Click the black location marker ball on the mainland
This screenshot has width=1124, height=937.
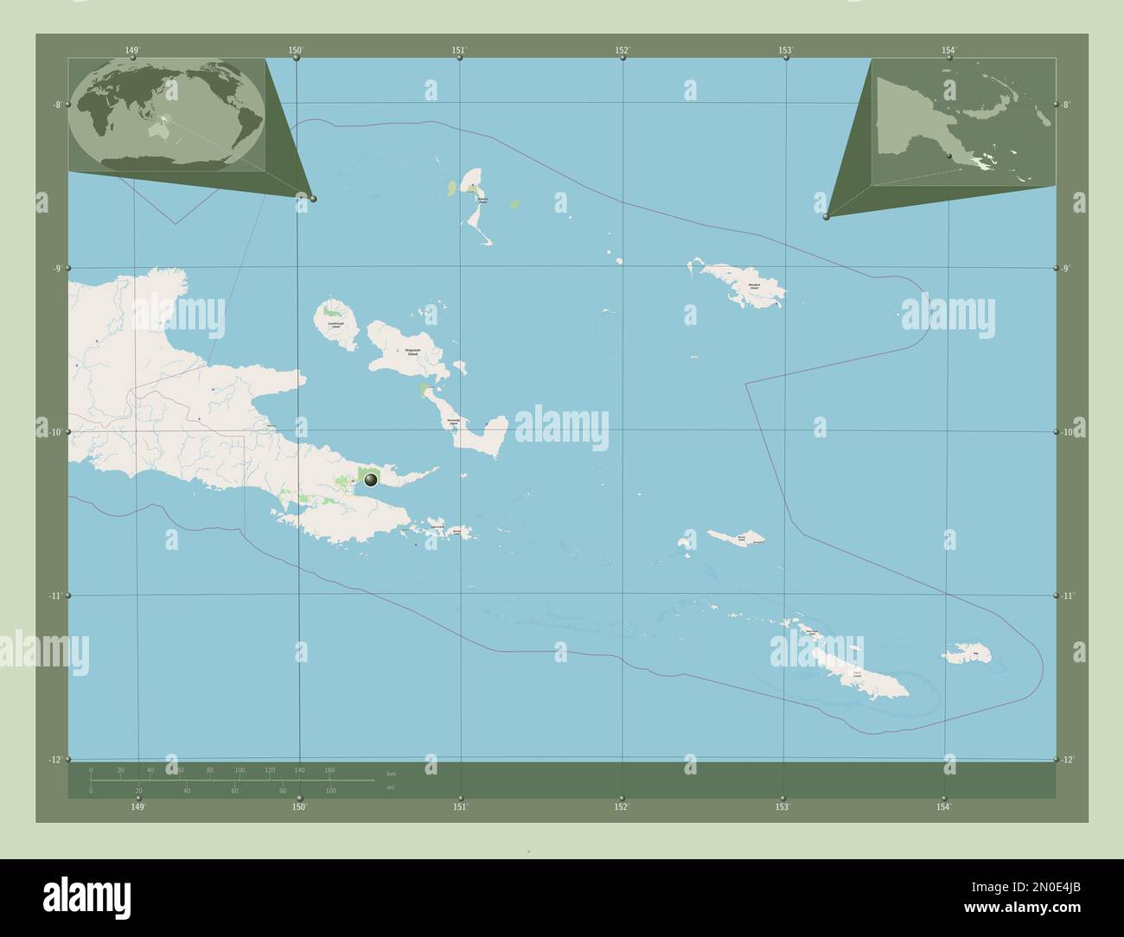click(371, 479)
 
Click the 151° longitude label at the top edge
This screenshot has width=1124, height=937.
click(458, 50)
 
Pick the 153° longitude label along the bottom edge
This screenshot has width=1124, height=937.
click(782, 806)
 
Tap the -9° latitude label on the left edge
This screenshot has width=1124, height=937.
click(56, 268)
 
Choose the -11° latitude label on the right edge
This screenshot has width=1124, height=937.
click(1068, 596)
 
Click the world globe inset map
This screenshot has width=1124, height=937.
click(167, 115)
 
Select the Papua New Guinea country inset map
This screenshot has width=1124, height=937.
click(963, 122)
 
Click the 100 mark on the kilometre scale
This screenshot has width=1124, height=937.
click(239, 769)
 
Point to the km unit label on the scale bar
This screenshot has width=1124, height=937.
click(392, 773)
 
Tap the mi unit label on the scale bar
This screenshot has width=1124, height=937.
click(391, 787)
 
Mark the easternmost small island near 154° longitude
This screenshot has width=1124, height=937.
click(973, 653)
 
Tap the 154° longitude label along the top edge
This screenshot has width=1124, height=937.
click(949, 50)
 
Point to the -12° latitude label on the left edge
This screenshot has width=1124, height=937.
click(56, 760)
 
